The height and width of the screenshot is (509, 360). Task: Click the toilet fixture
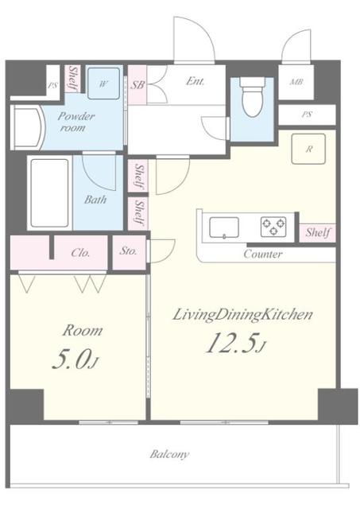coord(252,96)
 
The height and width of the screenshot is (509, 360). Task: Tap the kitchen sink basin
coord(224,227)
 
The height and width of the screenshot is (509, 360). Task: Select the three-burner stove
coord(273,227)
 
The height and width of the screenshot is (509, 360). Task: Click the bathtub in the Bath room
coord(49,192)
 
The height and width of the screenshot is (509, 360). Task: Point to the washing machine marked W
coord(103,84)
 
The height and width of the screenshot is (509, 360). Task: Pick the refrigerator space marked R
coord(308,149)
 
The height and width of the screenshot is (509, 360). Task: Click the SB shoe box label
coord(137,85)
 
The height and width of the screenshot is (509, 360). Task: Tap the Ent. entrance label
coord(195,81)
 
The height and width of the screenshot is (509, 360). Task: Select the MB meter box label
coord(296,82)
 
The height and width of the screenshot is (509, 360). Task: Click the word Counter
coord(263,254)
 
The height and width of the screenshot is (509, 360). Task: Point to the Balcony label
coord(169,454)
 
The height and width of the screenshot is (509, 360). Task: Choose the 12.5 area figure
coord(235,344)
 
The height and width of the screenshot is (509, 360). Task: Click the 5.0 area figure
coord(75,359)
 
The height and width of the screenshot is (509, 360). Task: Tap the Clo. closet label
coord(80,253)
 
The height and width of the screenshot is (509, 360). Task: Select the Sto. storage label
coord(128,251)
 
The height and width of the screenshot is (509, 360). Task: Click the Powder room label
coord(75,122)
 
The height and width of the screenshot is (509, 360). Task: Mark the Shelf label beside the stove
coord(318,232)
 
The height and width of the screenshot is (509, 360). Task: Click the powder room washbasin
coord(27,127)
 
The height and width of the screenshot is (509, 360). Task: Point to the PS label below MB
coord(307,115)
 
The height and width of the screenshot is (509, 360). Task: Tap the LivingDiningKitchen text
coord(242,315)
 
